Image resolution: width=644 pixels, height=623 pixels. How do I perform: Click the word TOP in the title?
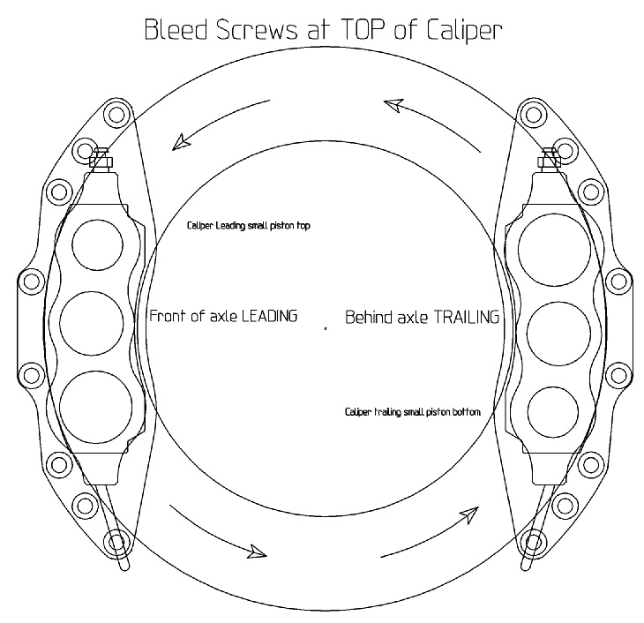363,30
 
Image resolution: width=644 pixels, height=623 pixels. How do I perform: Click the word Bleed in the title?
176,30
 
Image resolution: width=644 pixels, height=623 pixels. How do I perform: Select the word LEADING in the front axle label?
269,316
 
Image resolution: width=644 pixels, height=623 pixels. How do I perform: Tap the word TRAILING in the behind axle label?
467,318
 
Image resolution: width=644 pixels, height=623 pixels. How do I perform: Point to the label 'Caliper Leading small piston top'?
249,226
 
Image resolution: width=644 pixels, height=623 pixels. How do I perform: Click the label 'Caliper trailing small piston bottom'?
413,412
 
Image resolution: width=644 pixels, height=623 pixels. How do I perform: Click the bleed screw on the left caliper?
101,157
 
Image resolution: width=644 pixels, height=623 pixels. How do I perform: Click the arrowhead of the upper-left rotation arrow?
180,142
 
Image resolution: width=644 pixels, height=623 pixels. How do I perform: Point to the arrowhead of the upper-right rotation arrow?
394,104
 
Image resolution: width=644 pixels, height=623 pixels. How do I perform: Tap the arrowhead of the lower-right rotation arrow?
470,515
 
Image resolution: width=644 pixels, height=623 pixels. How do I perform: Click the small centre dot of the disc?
326,328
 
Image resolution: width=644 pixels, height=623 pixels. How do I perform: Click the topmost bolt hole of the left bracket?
116,114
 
